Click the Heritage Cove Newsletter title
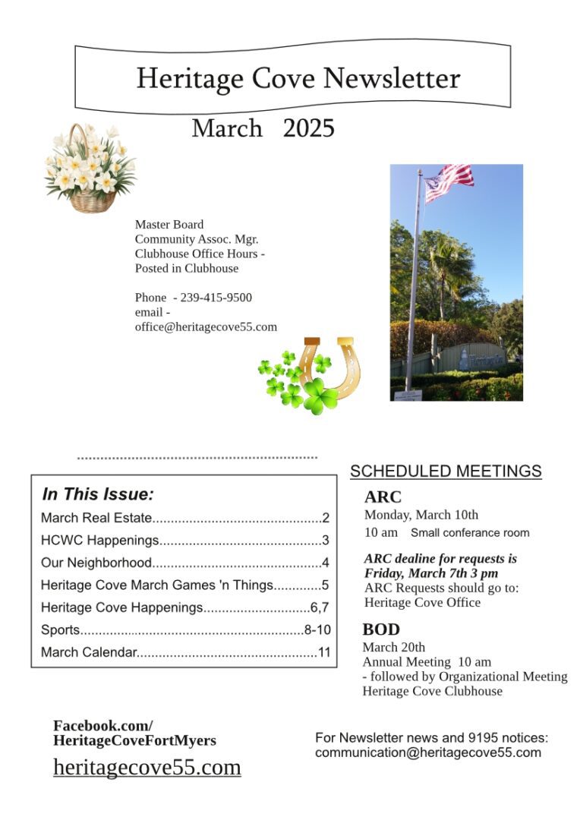(x=298, y=78)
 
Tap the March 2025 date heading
(x=263, y=128)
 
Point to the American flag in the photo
(x=448, y=182)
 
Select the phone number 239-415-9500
(x=216, y=298)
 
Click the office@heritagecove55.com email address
(x=206, y=327)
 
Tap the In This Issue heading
(x=98, y=494)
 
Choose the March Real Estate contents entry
(x=96, y=519)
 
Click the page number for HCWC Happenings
(x=325, y=541)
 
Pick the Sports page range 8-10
(x=317, y=629)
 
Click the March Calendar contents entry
(x=89, y=652)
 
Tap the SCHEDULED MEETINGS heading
(x=446, y=471)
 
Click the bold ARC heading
(x=383, y=497)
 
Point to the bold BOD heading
(x=381, y=629)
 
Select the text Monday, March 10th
(x=421, y=515)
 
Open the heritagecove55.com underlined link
(x=147, y=767)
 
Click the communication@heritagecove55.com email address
(x=428, y=752)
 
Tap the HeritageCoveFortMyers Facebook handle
(x=134, y=740)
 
